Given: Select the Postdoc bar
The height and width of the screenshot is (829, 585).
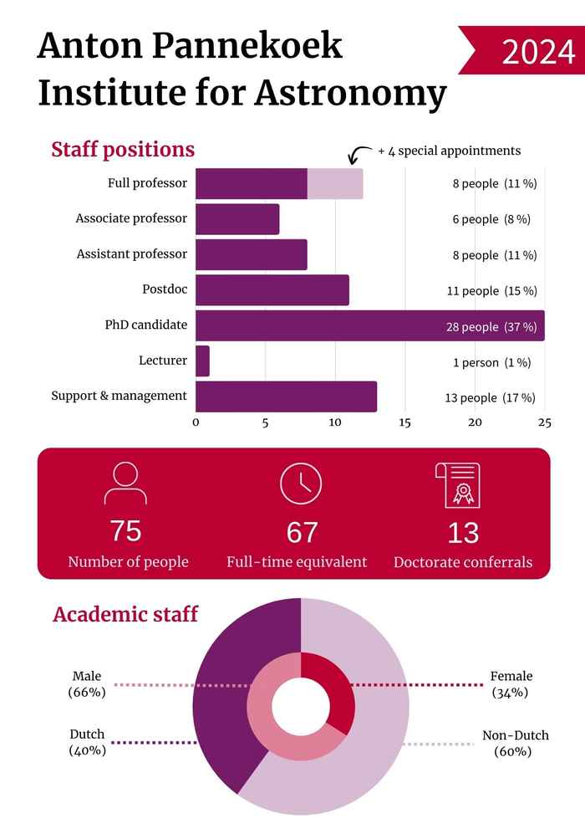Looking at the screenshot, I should pos(272,290).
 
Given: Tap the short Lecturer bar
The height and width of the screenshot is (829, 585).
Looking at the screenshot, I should pos(202,361).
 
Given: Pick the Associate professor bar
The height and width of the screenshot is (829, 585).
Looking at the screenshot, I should pos(237,219).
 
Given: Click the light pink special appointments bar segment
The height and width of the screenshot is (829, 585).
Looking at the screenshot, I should pos(335,183).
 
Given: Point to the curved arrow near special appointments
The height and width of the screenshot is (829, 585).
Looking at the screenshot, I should pos(359,155).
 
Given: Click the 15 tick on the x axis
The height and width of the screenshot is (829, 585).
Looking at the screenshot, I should pos(404,422).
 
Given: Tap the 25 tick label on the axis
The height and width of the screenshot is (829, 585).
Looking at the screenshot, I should pos(544,422).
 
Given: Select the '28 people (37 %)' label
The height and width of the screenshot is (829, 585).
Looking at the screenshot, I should pos(491,326).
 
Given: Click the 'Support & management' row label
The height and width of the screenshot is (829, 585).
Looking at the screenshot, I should pos(119,396).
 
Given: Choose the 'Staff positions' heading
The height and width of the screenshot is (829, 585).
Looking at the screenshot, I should pos(123,150).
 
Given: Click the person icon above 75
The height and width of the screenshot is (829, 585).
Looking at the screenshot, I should pos(125,483).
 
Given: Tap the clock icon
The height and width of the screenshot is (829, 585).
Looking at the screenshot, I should pos(300,483).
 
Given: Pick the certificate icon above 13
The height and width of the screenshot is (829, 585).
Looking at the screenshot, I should pos(457,483).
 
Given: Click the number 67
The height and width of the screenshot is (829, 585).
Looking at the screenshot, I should pos(302,532).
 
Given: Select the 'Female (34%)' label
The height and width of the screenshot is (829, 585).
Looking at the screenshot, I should pos(511,684).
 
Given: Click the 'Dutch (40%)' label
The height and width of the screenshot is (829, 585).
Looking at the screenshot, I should pos(87,742).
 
